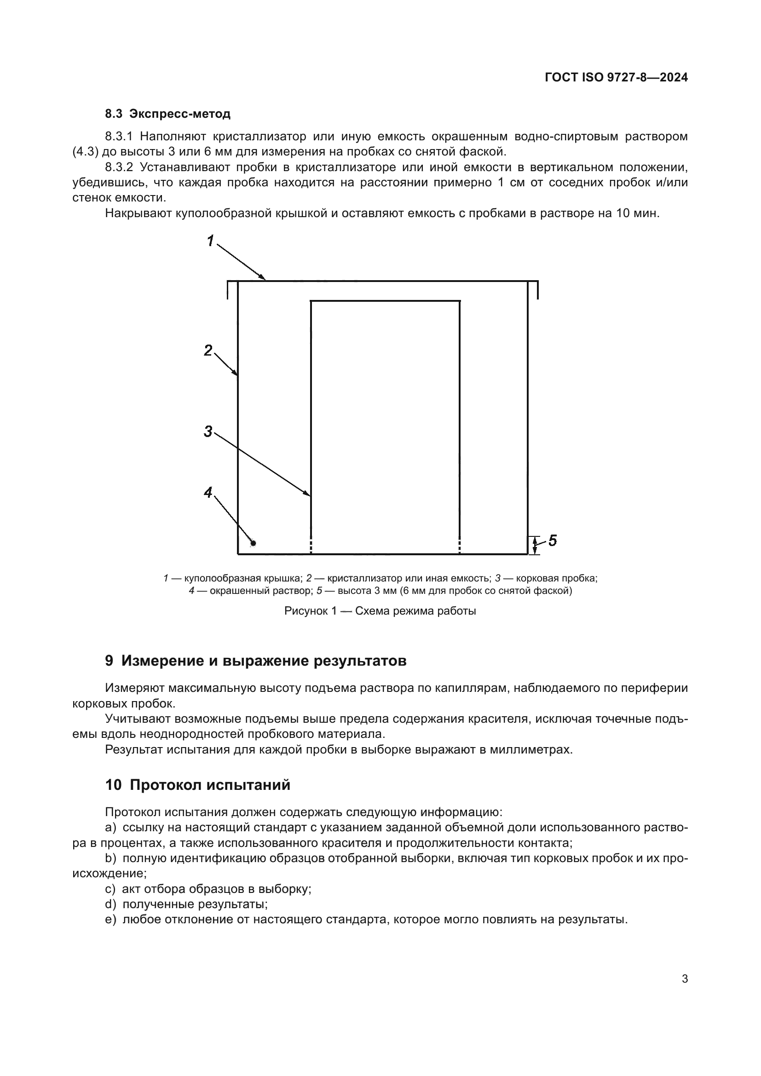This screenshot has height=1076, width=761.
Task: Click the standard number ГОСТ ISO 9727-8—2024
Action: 616,77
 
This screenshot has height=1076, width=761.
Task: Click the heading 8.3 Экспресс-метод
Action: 168,114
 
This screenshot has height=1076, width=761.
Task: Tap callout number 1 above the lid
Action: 210,241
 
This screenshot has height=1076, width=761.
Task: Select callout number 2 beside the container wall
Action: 208,350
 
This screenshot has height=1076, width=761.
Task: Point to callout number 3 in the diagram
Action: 208,431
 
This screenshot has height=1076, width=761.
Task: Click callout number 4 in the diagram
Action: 208,492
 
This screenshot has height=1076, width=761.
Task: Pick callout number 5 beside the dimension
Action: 553,541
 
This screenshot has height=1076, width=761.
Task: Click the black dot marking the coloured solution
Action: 254,543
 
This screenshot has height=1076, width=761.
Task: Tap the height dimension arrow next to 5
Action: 535,545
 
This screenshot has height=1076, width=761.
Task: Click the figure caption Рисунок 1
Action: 380,611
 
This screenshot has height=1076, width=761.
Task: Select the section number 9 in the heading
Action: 109,661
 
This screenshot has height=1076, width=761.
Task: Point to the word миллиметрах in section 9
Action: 530,749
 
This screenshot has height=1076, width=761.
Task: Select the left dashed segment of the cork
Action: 311,546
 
